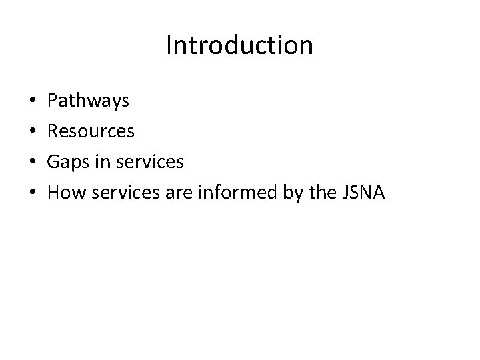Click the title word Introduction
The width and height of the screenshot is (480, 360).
(239, 45)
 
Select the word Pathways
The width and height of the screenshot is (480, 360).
(89, 101)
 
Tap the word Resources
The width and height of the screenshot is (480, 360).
(91, 131)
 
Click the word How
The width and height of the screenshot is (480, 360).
(66, 193)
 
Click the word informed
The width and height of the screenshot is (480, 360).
(226, 193)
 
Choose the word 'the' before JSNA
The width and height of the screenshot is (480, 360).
(314, 193)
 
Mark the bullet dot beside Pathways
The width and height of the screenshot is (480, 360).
(33, 102)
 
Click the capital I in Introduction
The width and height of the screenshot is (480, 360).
(169, 45)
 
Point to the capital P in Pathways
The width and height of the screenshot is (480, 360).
(53, 101)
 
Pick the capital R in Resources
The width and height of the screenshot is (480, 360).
(53, 131)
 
